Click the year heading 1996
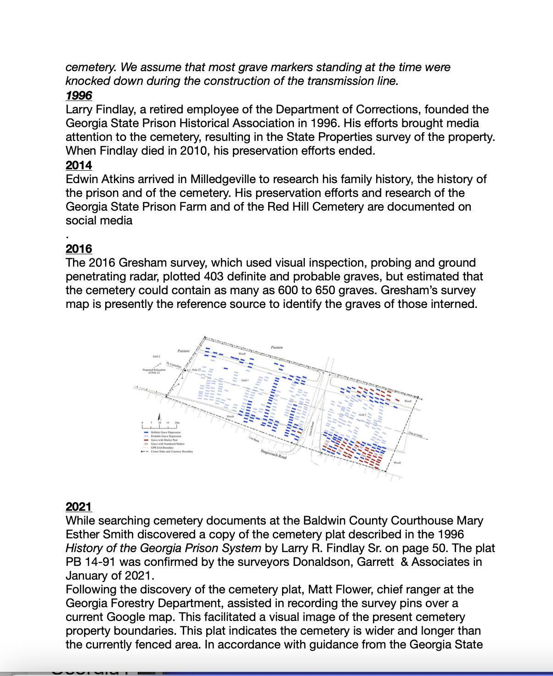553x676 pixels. pos(79,95)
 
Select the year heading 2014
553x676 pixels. pos(79,165)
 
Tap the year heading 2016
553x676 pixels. pos(79,249)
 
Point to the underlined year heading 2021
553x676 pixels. pos(79,507)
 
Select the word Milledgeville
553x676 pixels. pos(226,179)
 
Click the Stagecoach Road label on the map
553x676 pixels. pos(274,455)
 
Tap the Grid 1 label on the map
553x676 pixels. pos(245,380)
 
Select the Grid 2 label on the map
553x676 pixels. pos(157,357)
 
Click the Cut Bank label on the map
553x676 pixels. pos(254,439)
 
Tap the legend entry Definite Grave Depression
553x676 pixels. pos(166,432)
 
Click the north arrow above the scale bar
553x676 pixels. pos(159,416)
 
